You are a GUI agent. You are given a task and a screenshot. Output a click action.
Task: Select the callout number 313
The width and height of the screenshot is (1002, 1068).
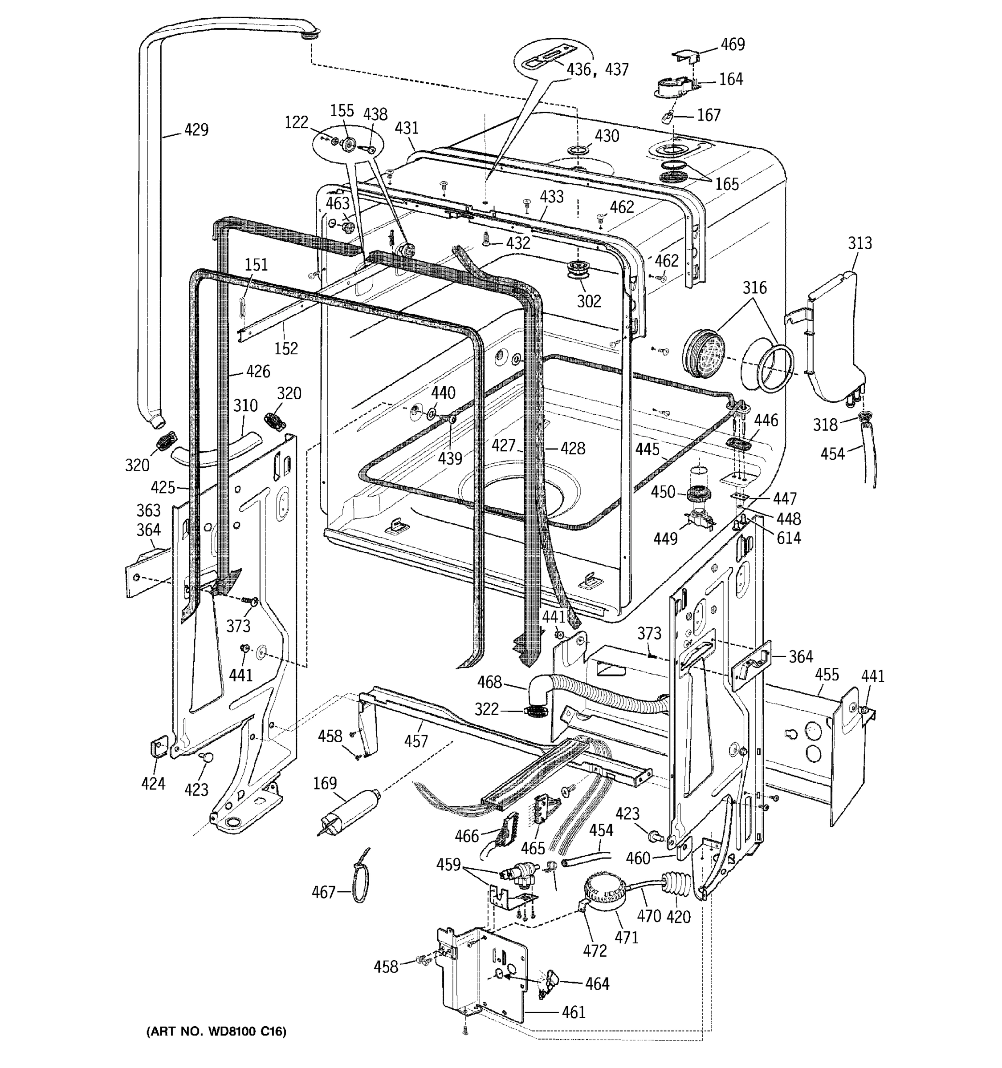tap(859, 243)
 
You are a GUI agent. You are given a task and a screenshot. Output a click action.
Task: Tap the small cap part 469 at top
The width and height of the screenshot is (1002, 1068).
tap(686, 54)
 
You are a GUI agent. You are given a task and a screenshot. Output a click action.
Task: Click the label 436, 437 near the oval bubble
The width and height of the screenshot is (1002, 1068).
tap(597, 70)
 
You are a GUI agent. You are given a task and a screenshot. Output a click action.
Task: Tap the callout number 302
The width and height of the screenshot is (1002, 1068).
tap(589, 301)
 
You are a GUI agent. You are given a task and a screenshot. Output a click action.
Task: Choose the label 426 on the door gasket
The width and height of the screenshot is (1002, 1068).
tap(258, 372)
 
